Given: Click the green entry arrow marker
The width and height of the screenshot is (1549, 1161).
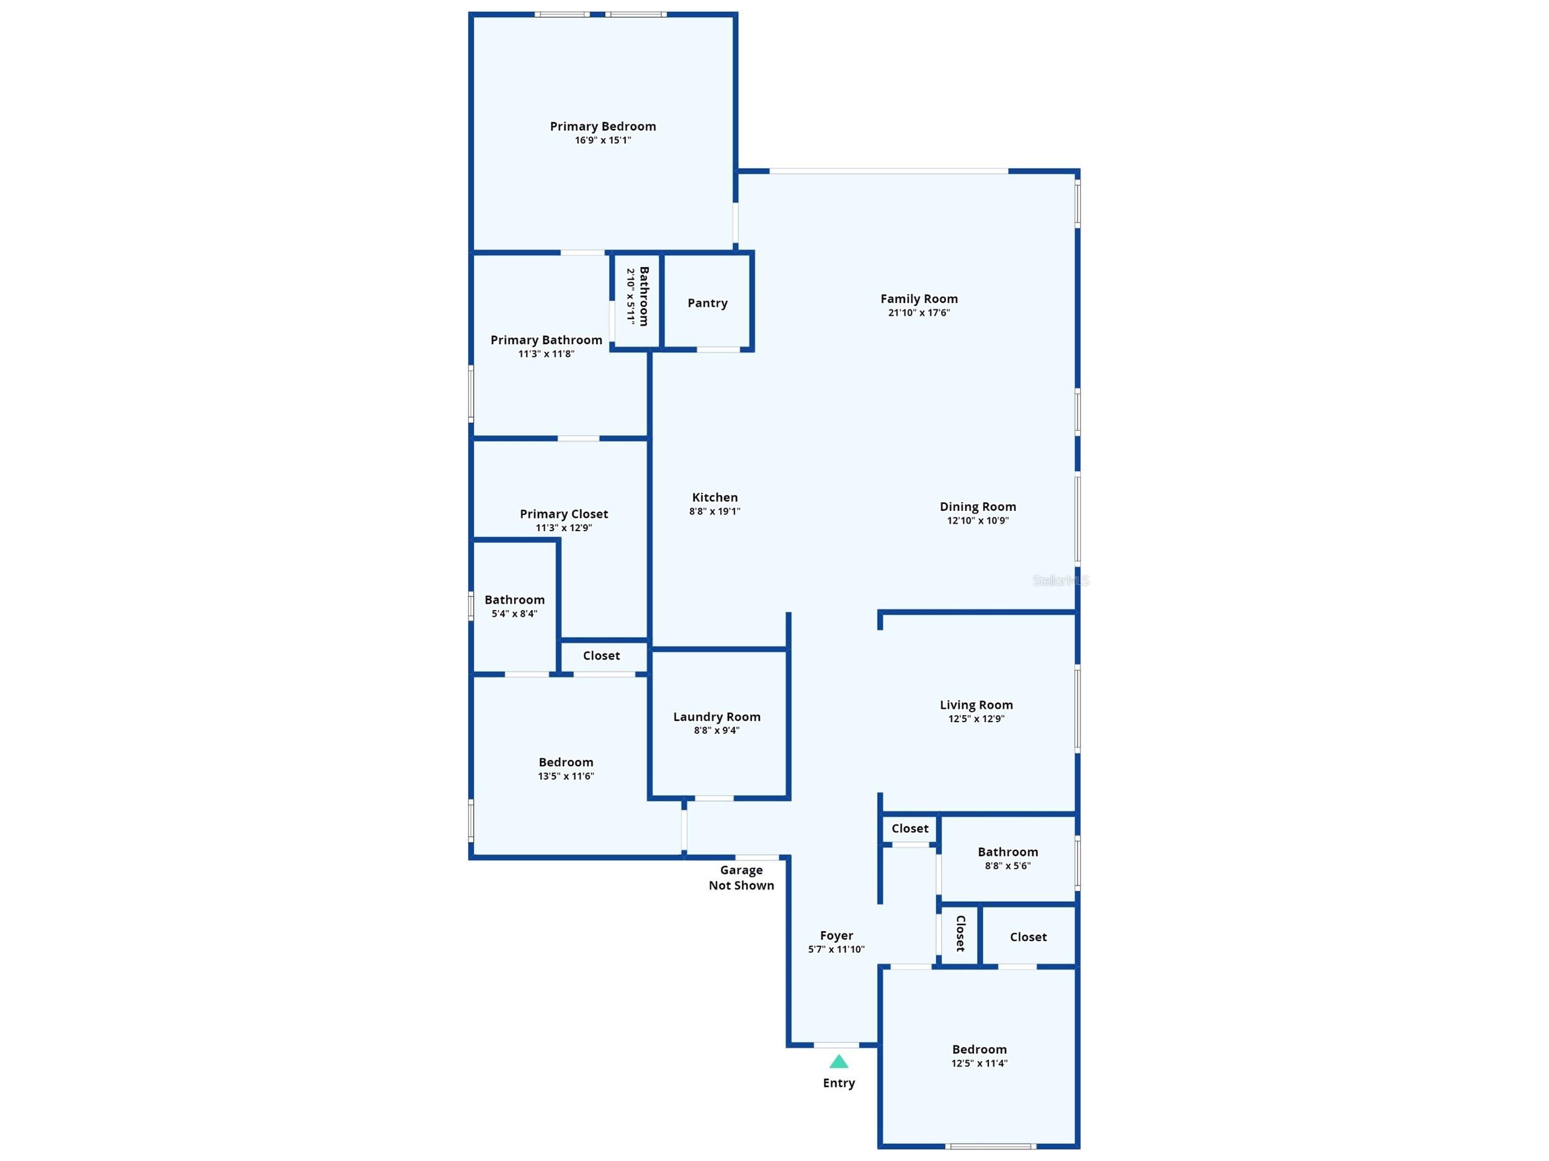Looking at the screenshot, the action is [x=839, y=1062].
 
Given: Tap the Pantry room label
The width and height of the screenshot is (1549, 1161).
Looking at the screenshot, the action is [x=707, y=303].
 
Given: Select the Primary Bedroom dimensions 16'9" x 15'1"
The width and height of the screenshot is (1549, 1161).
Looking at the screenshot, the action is [x=603, y=140].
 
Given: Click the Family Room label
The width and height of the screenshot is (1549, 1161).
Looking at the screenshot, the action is [x=919, y=299].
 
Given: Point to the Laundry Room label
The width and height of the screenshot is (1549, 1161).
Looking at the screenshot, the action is [x=716, y=717].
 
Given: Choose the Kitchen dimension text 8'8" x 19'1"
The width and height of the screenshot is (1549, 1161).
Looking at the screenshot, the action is [x=714, y=511].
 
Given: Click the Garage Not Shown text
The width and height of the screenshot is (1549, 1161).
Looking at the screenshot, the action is [x=741, y=878].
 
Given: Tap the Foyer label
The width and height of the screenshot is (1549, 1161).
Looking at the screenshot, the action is [x=837, y=935].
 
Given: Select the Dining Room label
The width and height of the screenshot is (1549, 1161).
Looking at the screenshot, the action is [x=978, y=506].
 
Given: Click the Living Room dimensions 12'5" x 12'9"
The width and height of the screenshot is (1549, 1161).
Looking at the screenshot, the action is [x=976, y=718].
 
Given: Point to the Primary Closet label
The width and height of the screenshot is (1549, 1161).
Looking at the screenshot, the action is [x=564, y=514].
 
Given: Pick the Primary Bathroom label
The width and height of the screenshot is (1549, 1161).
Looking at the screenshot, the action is [x=546, y=340].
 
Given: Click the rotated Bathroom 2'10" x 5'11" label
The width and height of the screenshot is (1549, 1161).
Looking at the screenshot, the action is [x=638, y=296].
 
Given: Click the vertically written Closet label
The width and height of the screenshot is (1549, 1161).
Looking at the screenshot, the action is [x=961, y=934].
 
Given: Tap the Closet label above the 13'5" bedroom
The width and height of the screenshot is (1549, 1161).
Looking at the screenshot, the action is [x=602, y=656].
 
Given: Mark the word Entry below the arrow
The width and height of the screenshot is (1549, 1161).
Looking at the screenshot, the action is [x=839, y=1084].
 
